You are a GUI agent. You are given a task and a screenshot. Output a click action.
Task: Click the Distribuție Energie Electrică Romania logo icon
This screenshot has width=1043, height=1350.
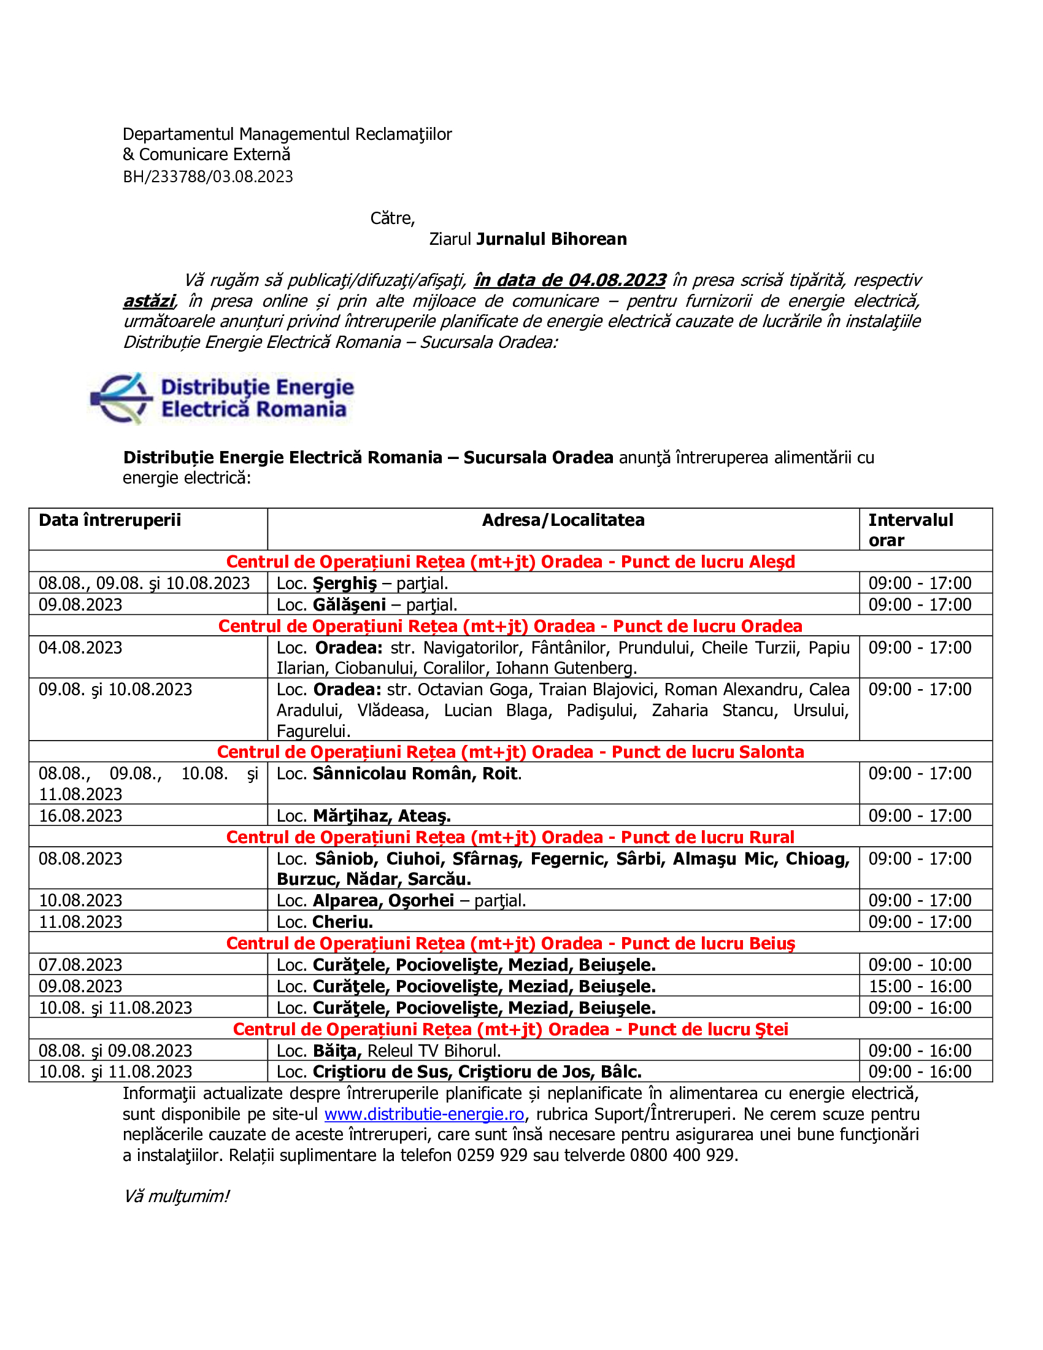point(121,398)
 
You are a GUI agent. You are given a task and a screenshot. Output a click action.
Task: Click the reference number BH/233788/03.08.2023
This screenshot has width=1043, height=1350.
point(207,177)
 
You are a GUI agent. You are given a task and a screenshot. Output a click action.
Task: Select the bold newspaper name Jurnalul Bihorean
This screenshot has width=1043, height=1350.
point(551,239)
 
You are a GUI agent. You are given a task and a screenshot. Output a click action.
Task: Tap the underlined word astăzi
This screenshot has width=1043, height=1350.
point(149,301)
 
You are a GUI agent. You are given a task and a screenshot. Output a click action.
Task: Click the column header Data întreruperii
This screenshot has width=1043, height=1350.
point(109,520)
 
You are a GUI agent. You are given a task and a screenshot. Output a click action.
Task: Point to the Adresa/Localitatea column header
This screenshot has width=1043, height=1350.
point(563,520)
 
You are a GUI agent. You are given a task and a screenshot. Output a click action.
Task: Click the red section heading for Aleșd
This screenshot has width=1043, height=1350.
point(510,561)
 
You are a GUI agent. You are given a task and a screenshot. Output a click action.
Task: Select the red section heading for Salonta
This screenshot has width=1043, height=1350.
point(510,752)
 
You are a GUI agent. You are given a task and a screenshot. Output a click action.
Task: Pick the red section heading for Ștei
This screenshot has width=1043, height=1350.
point(510,1029)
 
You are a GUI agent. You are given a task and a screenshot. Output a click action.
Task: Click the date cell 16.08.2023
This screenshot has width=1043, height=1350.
point(80,816)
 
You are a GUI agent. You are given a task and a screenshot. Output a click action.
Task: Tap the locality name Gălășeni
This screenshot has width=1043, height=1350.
point(349,604)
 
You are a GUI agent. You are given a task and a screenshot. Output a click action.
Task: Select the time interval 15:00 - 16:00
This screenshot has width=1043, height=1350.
point(920,986)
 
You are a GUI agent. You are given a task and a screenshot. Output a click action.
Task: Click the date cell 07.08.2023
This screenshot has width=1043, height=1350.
point(80,965)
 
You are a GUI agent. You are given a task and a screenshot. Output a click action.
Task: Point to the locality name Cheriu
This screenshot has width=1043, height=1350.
point(342,922)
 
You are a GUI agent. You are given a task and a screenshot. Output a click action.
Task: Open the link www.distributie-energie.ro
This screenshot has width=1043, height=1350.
point(424,1114)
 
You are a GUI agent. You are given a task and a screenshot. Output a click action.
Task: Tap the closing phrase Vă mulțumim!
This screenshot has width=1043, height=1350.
point(177,1196)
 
